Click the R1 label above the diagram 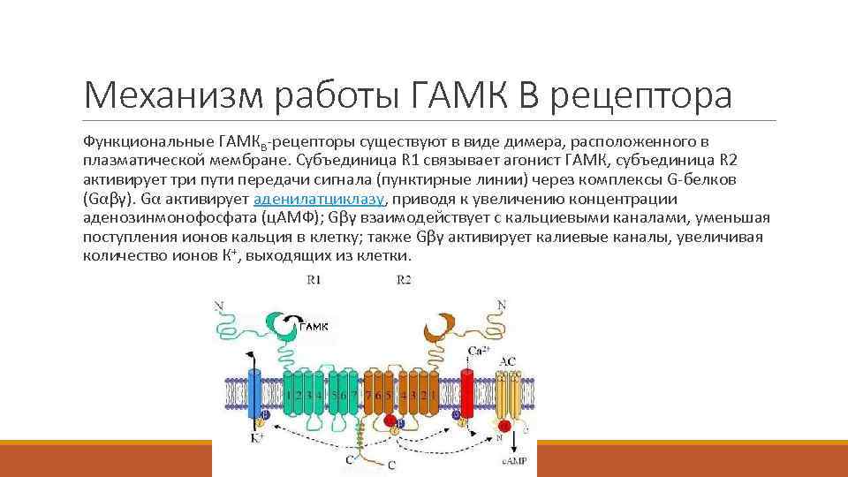coord(314,280)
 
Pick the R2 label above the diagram coord(403,280)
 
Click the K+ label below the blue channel coord(257,438)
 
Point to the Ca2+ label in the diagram coord(478,352)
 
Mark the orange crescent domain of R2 coord(435,329)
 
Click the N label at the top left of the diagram coord(219,306)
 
